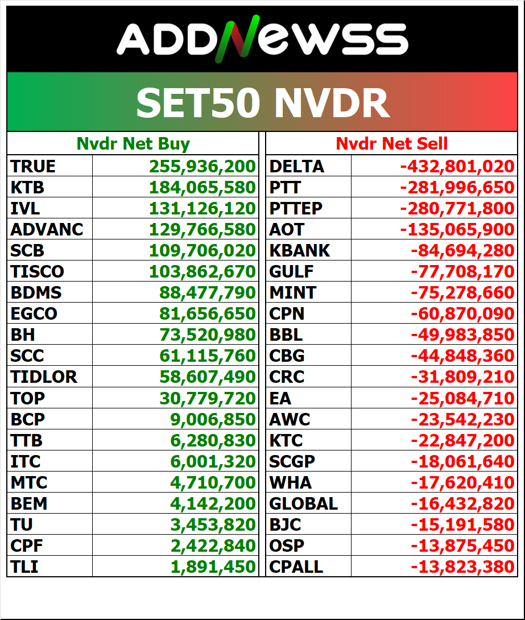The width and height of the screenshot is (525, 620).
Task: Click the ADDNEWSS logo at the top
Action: coord(262,40)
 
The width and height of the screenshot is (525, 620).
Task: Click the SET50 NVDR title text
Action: coord(262,103)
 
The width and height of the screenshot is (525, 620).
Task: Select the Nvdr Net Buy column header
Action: coord(133,143)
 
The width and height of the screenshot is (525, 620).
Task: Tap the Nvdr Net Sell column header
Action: coord(391,143)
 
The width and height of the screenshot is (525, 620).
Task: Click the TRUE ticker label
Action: coord(33,166)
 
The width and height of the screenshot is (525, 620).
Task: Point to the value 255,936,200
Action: coord(202,166)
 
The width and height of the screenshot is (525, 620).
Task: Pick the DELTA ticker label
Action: coord(297,166)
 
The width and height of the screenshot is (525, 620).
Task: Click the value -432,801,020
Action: coord(457,166)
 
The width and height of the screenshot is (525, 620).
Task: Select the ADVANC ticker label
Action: coord(47,229)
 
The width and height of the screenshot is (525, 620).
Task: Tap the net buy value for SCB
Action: coord(202,250)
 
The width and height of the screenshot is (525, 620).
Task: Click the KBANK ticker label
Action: coord(300,250)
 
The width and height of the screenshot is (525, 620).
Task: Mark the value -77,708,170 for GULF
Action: coord(462,271)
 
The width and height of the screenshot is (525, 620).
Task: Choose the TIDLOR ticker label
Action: coord(44,377)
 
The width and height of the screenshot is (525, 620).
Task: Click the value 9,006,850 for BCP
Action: coord(213,419)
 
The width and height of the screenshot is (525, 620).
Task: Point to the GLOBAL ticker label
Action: coord(304,503)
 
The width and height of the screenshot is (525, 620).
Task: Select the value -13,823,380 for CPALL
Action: coord(462,567)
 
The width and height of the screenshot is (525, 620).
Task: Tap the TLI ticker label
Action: coord(24,567)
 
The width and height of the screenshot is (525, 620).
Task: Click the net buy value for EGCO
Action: coord(208,313)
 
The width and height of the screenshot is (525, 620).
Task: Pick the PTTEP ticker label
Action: coord(296,208)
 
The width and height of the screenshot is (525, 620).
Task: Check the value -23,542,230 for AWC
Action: coord(462,419)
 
